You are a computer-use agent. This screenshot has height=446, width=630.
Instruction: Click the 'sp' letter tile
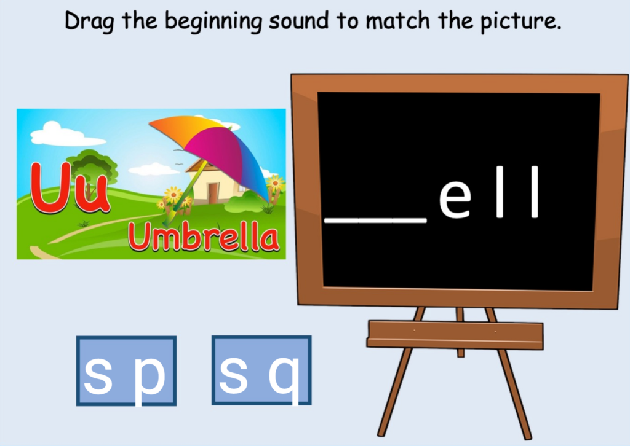[126, 370]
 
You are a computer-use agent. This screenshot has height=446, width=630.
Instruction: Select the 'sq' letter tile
[261, 370]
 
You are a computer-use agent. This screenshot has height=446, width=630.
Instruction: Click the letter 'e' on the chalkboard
[455, 199]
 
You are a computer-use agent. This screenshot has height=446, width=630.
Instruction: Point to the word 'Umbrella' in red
[204, 238]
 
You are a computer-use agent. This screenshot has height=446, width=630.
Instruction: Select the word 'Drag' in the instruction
[90, 22]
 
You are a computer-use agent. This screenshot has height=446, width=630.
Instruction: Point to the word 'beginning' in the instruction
[215, 23]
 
